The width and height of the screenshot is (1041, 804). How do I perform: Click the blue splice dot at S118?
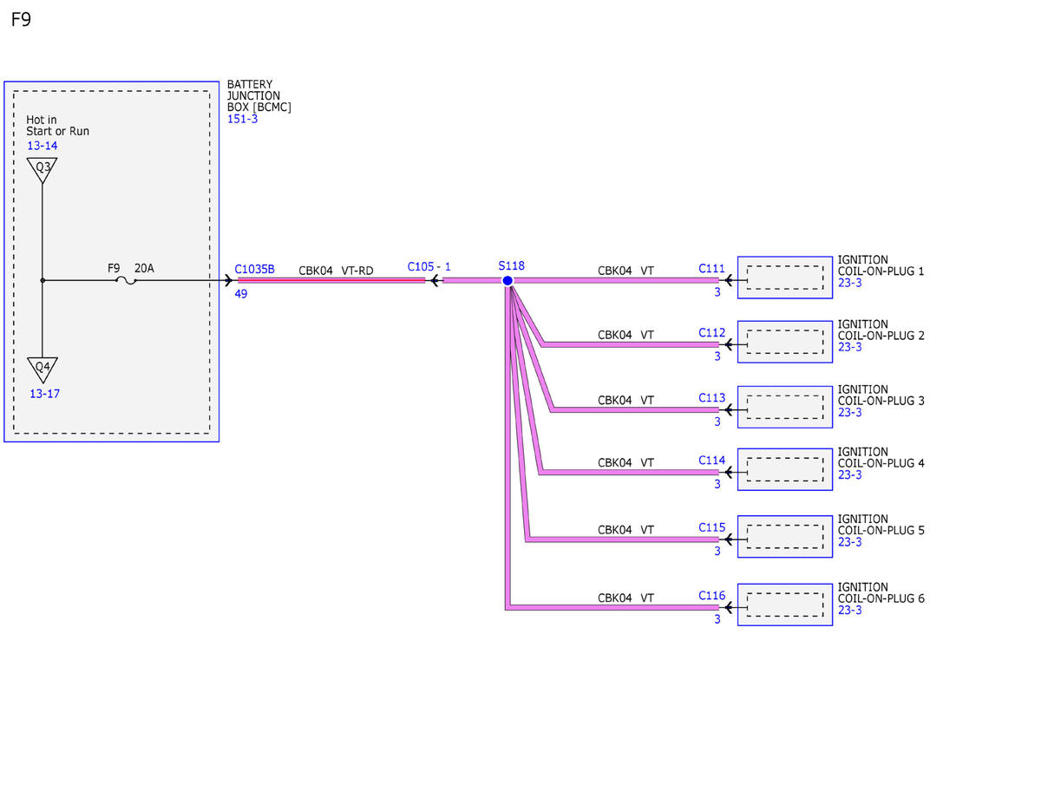point(507,281)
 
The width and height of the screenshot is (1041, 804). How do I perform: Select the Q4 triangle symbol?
point(43,369)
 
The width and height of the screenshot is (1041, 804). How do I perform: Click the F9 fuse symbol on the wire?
point(126,281)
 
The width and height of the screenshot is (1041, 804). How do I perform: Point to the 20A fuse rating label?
point(144,268)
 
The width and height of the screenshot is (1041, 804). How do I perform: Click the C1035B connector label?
point(254,269)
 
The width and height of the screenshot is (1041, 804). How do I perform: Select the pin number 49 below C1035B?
point(241,294)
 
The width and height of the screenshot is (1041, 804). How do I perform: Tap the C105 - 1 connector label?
point(429,267)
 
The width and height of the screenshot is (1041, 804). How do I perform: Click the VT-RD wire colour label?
point(357,271)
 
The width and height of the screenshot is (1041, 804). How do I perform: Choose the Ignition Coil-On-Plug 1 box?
point(785,278)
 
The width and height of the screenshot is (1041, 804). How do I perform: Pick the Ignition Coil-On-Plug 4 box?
point(785,469)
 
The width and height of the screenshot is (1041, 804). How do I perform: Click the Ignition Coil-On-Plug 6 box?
point(785,605)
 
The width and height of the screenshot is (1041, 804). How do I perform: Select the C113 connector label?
point(711,398)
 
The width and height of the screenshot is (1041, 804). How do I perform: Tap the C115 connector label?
point(711,527)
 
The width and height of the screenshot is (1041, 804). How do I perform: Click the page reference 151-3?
point(242,119)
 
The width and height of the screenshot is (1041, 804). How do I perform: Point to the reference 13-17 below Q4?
point(44,394)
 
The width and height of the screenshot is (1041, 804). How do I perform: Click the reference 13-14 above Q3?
point(43,146)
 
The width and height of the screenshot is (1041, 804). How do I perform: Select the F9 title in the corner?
point(21,19)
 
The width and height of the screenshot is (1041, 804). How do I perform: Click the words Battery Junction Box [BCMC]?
point(259,95)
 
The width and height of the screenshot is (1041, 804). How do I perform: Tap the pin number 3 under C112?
point(717,356)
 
